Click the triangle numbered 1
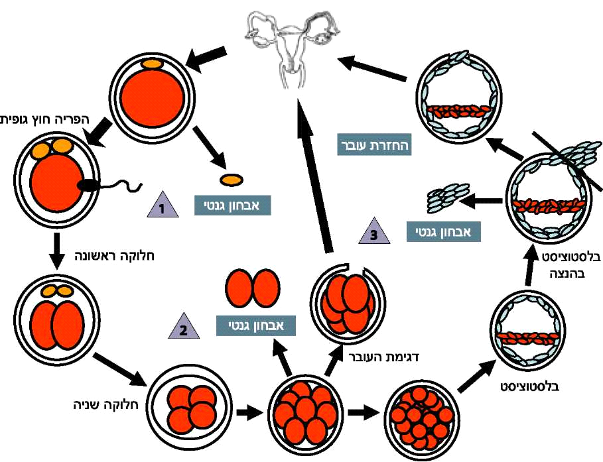(162, 207)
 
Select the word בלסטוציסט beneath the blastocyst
(529, 384)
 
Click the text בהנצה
(572, 273)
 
